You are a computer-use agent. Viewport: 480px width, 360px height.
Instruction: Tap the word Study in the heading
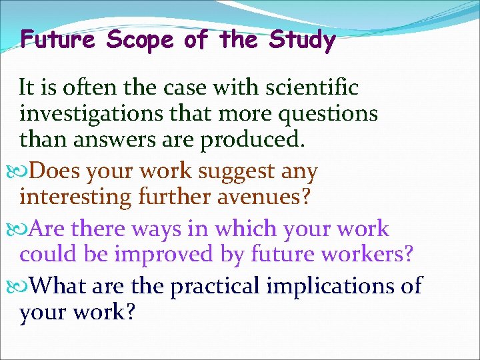pyautogui.click(x=302, y=41)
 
